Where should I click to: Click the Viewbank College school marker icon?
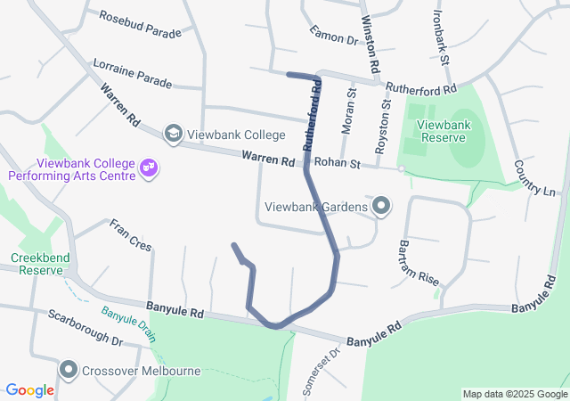click(x=173, y=134)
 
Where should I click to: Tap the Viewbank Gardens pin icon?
click(x=382, y=207)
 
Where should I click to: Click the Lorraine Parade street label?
click(x=132, y=74)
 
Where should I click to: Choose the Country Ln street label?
click(x=535, y=178)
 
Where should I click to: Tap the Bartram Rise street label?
click(x=419, y=262)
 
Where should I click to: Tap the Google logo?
click(x=30, y=389)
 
